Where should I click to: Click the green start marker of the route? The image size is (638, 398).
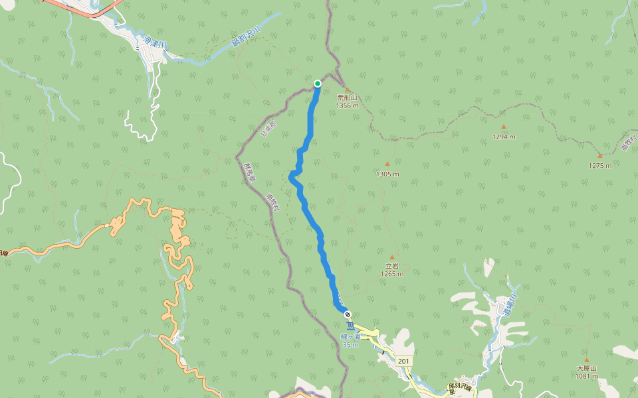pos(318,83)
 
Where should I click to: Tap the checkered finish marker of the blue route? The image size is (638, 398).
pos(348,314)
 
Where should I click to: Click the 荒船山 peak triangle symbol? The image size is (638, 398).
pos(347,89)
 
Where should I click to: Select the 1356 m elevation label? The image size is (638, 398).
pos(347,105)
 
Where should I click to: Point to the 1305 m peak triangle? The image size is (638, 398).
pos(387,164)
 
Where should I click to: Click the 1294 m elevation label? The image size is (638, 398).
pos(504,137)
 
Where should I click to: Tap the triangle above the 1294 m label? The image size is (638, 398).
pos(504,127)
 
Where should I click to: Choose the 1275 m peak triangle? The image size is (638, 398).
pos(599,155)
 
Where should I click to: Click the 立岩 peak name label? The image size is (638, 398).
pos(392,266)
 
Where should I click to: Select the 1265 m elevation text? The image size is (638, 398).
pos(392,273)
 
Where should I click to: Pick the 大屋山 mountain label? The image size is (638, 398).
pos(587,368)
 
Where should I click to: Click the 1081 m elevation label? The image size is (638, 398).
pos(587,376)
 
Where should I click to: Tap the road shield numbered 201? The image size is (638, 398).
pos(403,361)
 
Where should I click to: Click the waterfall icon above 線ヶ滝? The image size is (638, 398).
pos(350,325)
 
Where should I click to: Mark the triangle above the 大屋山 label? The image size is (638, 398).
pos(587,360)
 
